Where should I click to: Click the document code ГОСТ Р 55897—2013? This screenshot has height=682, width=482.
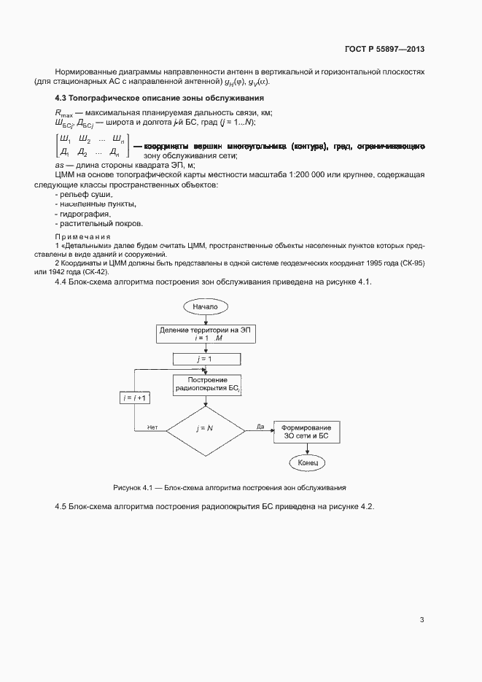[384, 50]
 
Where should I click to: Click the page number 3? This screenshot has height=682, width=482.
[421, 620]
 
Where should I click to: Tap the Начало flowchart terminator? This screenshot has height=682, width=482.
[205, 307]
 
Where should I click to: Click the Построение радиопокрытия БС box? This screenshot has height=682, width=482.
[208, 385]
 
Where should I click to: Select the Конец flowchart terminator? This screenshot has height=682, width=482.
[307, 463]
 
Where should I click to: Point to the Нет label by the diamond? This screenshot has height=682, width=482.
[152, 427]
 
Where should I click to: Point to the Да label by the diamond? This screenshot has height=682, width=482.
[260, 427]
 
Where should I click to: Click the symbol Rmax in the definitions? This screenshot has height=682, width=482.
[63, 113]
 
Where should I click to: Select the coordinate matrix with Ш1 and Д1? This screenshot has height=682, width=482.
[92, 146]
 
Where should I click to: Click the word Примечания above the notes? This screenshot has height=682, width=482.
[82, 237]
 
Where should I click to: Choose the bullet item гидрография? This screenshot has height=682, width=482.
[83, 214]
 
